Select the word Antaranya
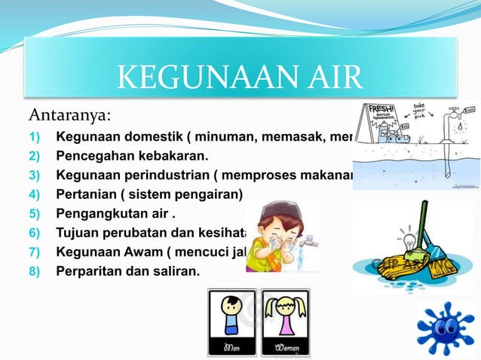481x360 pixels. (x=69, y=115)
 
